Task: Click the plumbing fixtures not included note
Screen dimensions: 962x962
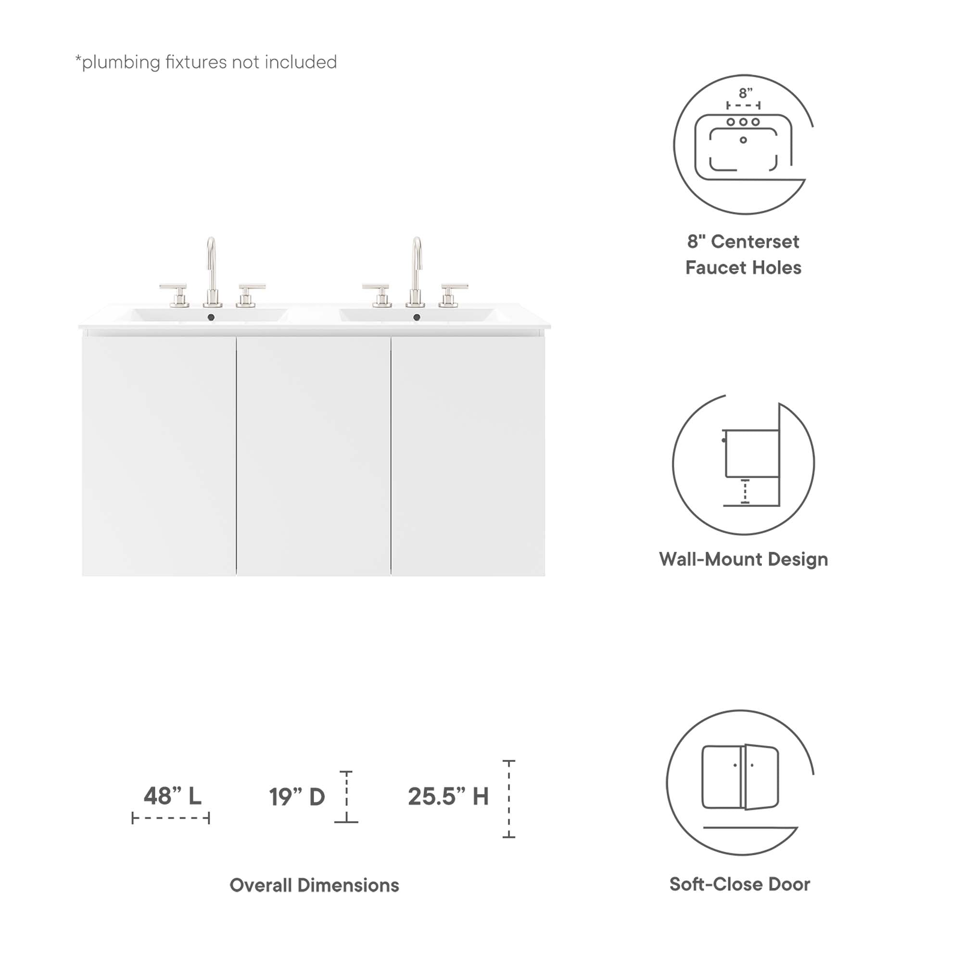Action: coord(206,62)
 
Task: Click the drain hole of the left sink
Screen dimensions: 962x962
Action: coord(211,317)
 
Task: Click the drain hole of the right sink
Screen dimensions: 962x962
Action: coord(417,317)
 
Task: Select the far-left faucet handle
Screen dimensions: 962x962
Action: coord(174,294)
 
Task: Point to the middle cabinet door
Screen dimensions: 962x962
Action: coord(313,456)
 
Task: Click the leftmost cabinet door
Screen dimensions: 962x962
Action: coord(159,456)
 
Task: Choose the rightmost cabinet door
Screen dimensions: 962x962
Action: coord(468,456)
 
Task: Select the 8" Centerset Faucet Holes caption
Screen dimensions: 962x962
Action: coord(744,254)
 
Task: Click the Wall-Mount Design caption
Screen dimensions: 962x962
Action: coord(744,559)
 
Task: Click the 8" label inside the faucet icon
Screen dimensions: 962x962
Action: coord(746,93)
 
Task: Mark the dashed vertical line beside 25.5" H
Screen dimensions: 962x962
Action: coord(509,799)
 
